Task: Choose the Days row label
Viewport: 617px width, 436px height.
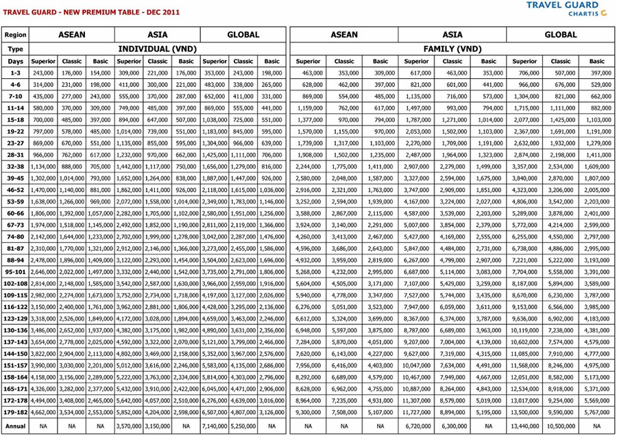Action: click(x=15, y=62)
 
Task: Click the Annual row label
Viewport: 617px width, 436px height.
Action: click(x=15, y=426)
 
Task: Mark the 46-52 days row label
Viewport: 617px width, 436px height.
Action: click(x=15, y=190)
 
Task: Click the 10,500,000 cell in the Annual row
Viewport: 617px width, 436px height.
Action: click(x=561, y=426)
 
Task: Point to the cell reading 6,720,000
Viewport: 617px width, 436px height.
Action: click(x=416, y=426)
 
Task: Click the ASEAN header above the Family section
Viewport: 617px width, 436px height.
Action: click(x=344, y=34)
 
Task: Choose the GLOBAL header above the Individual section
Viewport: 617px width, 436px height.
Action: click(x=243, y=34)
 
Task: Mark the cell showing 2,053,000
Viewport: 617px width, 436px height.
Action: click(x=416, y=131)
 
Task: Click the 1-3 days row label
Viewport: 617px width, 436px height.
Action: click(x=15, y=72)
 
